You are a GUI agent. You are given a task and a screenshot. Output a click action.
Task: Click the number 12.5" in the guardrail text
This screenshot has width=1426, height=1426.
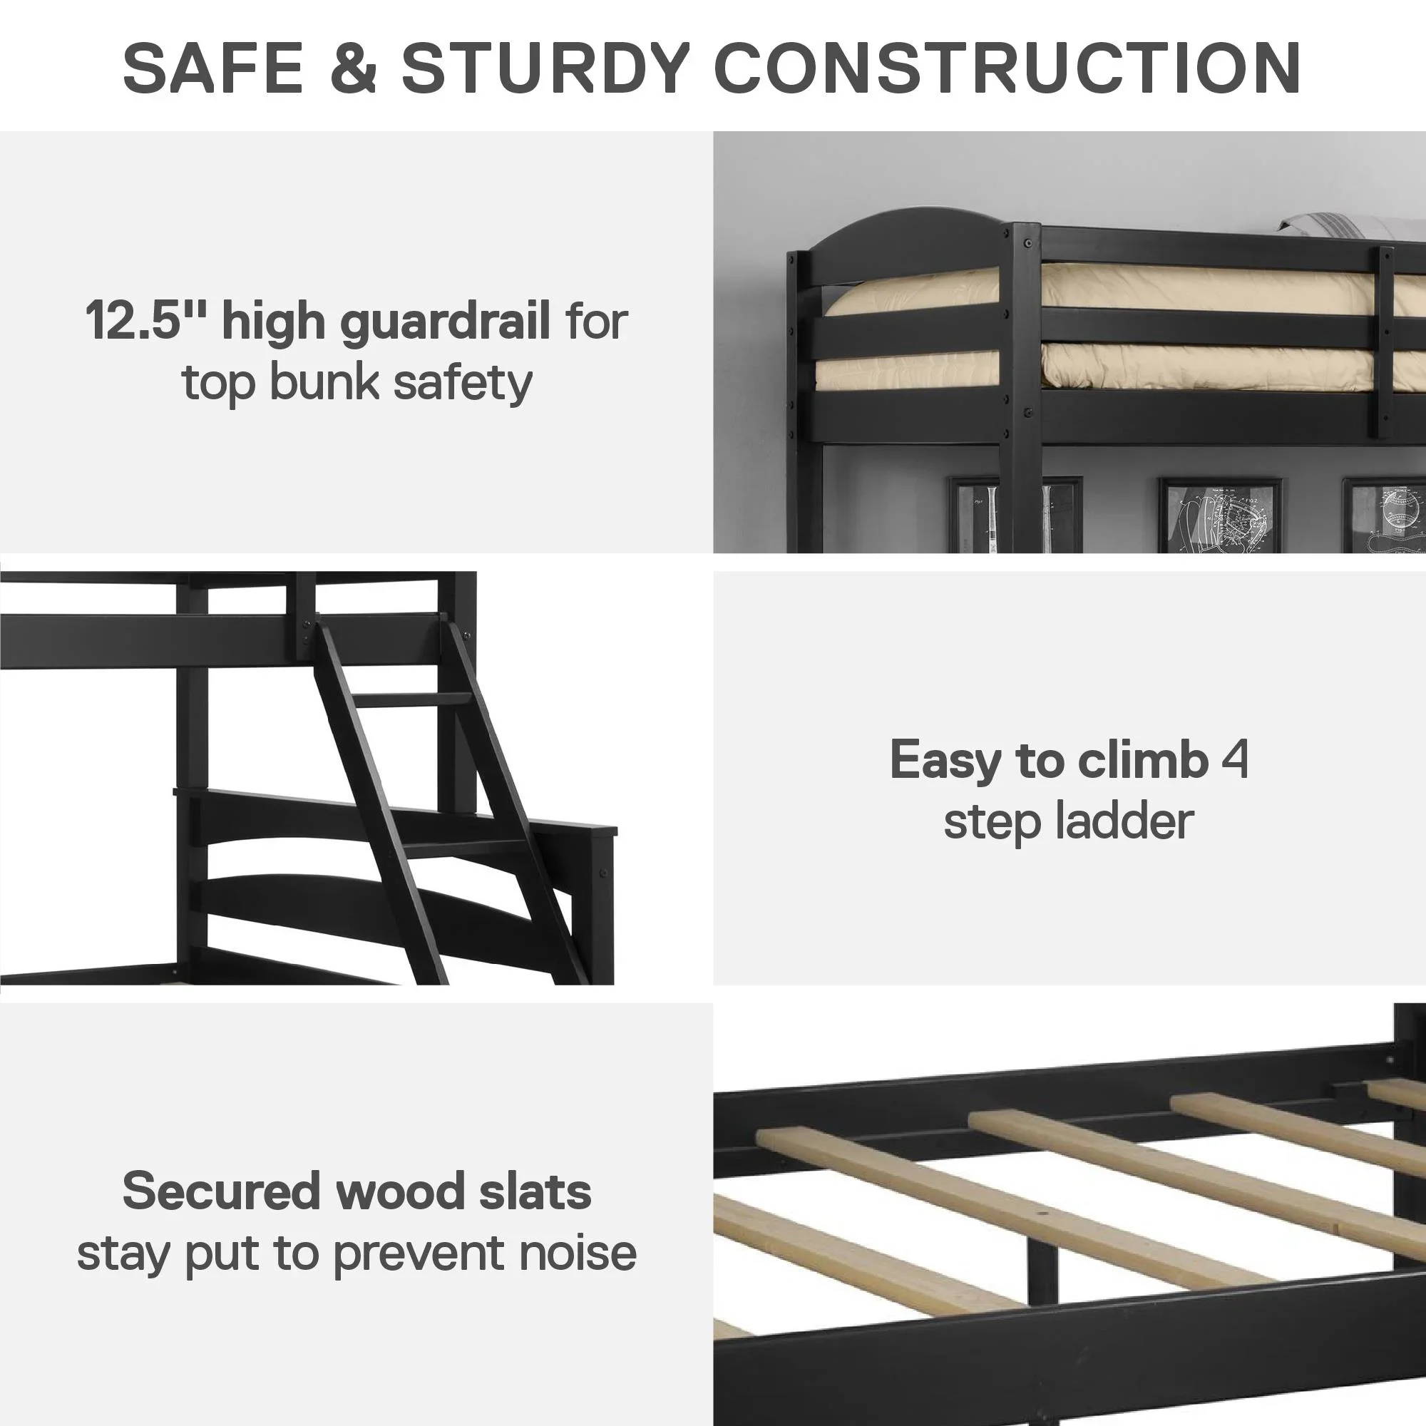click(x=147, y=320)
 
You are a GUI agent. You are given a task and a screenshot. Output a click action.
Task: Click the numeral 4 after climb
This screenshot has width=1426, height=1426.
click(x=1235, y=759)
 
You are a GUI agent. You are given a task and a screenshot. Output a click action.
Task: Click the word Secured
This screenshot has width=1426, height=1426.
click(x=222, y=1191)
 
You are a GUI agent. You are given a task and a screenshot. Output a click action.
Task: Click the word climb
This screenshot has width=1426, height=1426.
click(x=1142, y=759)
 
